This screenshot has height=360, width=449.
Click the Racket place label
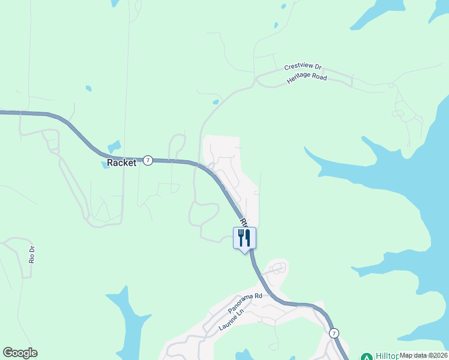coord(121,163)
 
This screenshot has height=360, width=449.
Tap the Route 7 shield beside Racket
coord(148,160)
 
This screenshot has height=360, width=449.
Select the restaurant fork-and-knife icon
coord(244,238)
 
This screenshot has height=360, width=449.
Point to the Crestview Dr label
coord(303,67)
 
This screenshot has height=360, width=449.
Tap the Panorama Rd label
coord(246,304)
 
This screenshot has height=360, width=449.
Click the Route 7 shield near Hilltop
coord(334,332)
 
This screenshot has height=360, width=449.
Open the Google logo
coord(20,353)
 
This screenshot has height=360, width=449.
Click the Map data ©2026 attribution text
coord(423,355)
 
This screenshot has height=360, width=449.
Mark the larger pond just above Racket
coord(114,146)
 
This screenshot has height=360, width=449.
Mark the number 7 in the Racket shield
coord(148,160)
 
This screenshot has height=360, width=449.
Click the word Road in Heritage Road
coord(318,77)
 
